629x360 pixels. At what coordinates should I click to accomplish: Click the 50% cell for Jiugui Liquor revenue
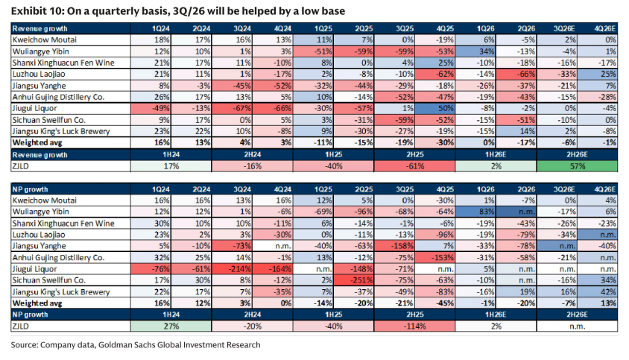(x=434, y=108)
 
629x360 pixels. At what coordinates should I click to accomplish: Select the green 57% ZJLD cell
(x=577, y=166)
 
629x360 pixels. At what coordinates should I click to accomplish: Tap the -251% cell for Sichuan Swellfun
(x=353, y=280)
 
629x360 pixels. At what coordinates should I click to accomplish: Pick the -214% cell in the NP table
(x=232, y=269)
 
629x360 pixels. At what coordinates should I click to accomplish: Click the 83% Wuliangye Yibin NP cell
(x=475, y=212)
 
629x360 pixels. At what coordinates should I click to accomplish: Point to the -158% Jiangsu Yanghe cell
(x=394, y=246)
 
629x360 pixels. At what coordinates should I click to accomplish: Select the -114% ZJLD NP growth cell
(x=414, y=326)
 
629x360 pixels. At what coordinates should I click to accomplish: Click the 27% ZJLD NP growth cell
(x=171, y=326)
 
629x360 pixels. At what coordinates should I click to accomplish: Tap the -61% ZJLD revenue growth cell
(x=414, y=166)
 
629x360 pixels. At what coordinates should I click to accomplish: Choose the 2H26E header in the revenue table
(x=577, y=154)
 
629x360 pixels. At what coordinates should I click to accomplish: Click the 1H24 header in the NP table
(x=171, y=315)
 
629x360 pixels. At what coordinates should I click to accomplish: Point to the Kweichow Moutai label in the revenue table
(x=44, y=40)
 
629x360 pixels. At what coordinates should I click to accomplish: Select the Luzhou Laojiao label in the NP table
(x=39, y=235)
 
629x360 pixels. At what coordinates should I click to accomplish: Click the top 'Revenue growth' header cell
(x=39, y=28)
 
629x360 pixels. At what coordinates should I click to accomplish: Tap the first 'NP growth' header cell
(x=30, y=189)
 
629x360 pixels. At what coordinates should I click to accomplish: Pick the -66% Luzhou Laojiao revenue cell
(x=516, y=75)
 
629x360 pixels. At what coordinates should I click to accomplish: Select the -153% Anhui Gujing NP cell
(x=434, y=257)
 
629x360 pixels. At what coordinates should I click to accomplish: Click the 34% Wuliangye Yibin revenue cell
(x=475, y=51)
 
